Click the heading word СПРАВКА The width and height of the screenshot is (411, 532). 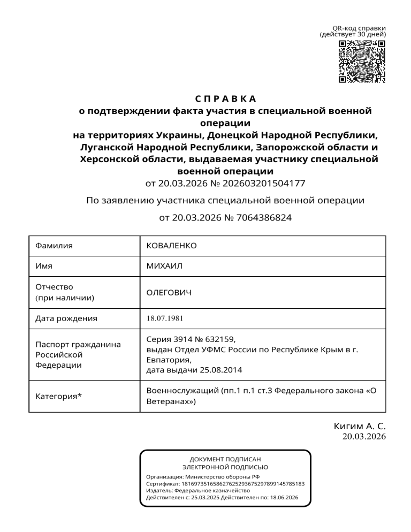[x=225, y=99]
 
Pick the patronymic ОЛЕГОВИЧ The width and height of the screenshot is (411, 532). [x=169, y=293]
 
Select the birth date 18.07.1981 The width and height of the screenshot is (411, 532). [x=165, y=318]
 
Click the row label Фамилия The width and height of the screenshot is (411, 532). [x=54, y=246]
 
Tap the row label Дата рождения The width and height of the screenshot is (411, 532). [x=66, y=318]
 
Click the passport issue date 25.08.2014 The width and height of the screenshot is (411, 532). [x=224, y=369]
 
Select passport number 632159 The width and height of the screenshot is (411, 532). [x=219, y=339]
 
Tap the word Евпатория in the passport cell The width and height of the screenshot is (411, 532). [x=166, y=359]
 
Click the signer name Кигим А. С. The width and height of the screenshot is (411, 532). [x=360, y=426]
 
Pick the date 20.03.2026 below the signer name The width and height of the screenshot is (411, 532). [x=364, y=437]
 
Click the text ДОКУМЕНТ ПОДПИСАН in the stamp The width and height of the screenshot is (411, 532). [x=225, y=459]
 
